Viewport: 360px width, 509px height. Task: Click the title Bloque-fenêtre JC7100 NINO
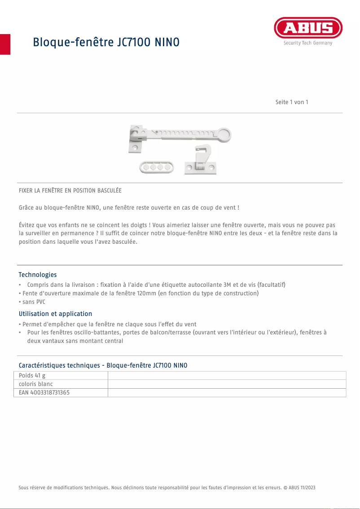tap(106, 42)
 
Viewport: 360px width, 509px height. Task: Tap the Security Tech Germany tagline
tap(308, 43)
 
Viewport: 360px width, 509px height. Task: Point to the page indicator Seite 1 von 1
tap(292, 102)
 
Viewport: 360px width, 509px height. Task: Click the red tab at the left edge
tap(5, 44)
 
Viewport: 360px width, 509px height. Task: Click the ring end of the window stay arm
tap(224, 134)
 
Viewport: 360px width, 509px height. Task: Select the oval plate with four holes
tap(156, 167)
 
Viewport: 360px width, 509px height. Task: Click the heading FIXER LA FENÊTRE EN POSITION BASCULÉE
tap(70, 190)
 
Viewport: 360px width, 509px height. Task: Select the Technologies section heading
tap(38, 275)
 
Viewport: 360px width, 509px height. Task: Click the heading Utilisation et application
tap(55, 314)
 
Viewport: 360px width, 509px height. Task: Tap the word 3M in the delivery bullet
tap(227, 285)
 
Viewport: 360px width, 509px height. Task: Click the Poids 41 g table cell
tap(32, 376)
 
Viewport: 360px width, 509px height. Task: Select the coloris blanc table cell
tap(36, 384)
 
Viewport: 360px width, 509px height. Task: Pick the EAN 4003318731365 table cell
tap(44, 393)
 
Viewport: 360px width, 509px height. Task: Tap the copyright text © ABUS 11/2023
tap(299, 487)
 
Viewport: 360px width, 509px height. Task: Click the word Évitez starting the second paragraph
tap(27, 225)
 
